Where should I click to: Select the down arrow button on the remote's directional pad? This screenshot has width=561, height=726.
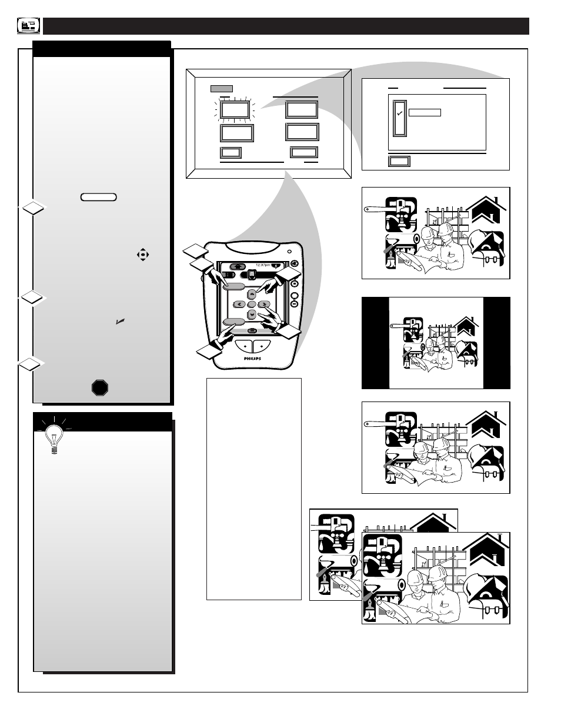point(252,315)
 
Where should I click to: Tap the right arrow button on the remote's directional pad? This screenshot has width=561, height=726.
point(265,304)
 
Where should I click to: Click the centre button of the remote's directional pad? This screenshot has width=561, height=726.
point(252,304)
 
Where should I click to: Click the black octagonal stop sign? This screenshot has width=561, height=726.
point(100,387)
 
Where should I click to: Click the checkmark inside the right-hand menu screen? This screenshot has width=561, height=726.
point(399,113)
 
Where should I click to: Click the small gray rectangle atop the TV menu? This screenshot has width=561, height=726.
point(222,89)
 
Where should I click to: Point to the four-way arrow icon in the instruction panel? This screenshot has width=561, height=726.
point(142,255)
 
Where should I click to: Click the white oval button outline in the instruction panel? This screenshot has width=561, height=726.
point(98,197)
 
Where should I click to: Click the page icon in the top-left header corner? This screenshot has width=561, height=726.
point(28,25)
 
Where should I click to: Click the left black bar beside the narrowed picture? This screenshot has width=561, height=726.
point(375,343)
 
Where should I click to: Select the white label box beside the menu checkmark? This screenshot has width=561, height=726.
point(425,112)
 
